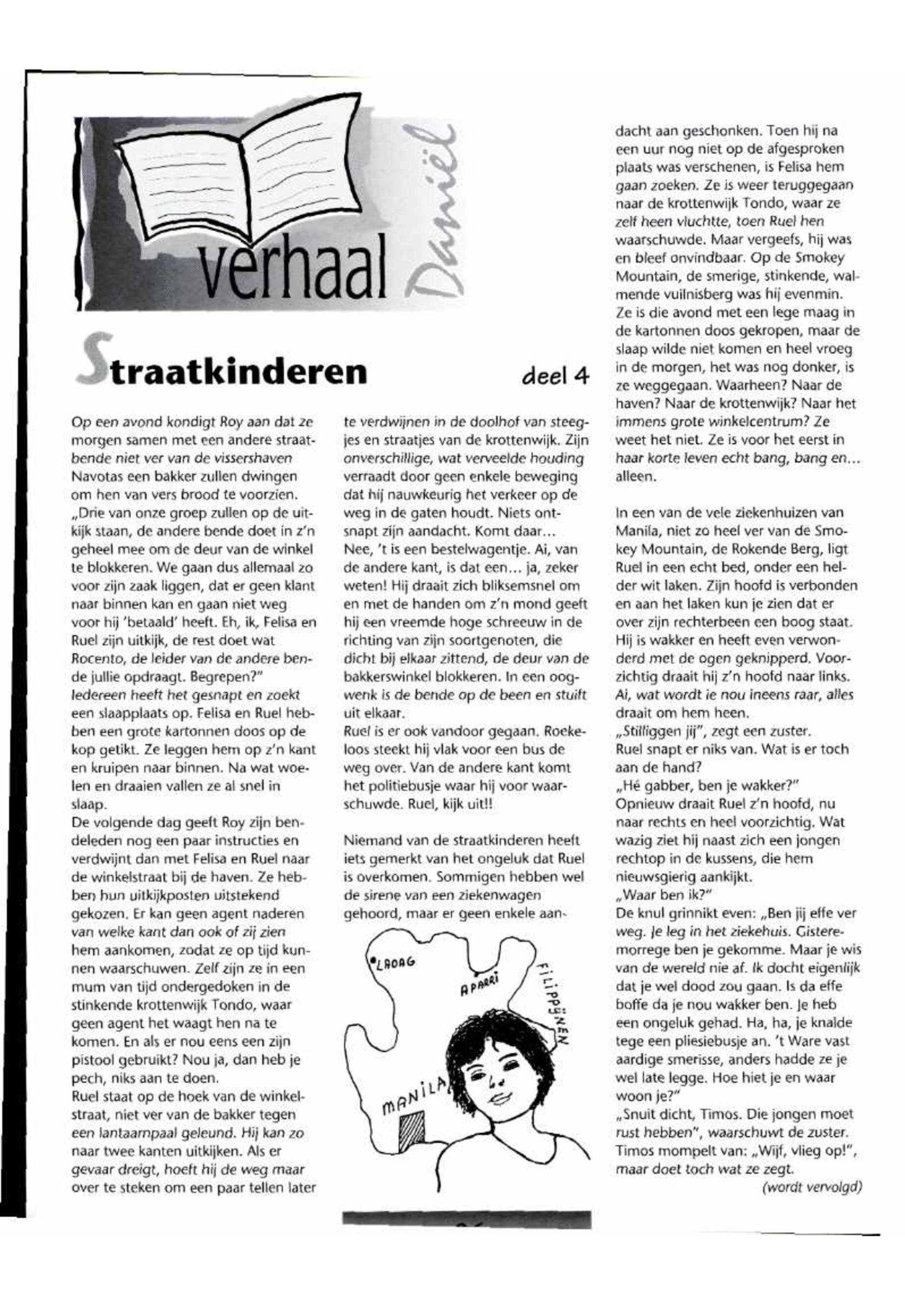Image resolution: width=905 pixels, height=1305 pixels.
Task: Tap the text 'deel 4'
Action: pyautogui.click(x=555, y=376)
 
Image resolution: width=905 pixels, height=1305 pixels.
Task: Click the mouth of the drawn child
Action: pyautogui.click(x=500, y=1097)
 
